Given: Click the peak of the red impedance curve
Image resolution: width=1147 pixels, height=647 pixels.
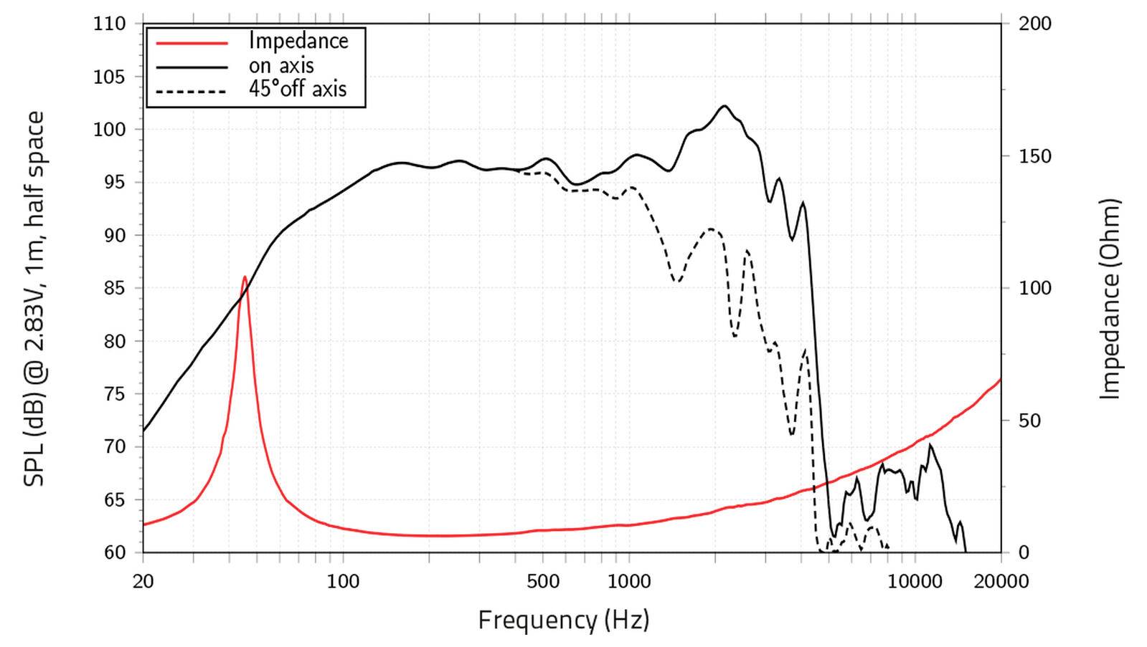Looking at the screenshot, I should [x=245, y=277].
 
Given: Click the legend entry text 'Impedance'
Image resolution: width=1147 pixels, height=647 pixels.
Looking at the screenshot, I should [x=298, y=42].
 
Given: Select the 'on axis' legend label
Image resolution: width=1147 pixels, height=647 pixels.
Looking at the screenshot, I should [x=281, y=66].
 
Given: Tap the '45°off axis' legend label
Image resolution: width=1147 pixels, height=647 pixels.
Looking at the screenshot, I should [x=298, y=90].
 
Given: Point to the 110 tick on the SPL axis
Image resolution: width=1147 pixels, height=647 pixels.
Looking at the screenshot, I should [x=109, y=24].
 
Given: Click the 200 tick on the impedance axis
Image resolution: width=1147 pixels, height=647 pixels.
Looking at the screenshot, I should [x=1034, y=24].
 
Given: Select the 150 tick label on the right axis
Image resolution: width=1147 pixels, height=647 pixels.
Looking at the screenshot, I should [x=1034, y=156].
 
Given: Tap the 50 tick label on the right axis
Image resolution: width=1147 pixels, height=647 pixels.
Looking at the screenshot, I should [x=1029, y=421].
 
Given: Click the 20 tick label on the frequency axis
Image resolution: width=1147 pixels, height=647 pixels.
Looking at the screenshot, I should [x=143, y=581].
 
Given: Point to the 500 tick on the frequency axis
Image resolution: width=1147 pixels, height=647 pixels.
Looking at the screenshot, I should [x=543, y=581].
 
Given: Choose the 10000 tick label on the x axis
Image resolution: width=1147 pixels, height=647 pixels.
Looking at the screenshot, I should [x=915, y=581].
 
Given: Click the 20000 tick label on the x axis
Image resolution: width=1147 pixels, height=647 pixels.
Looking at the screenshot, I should [x=1001, y=581].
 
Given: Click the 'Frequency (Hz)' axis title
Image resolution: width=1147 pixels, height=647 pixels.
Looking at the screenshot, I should [x=563, y=619].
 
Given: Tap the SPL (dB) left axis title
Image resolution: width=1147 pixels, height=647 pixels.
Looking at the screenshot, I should [x=34, y=299].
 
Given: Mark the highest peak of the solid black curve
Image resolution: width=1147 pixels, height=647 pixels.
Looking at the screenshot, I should [x=724, y=106].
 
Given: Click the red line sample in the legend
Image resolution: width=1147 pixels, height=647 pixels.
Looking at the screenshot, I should [x=192, y=43].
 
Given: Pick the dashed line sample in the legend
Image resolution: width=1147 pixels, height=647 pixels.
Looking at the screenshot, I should [x=192, y=91].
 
